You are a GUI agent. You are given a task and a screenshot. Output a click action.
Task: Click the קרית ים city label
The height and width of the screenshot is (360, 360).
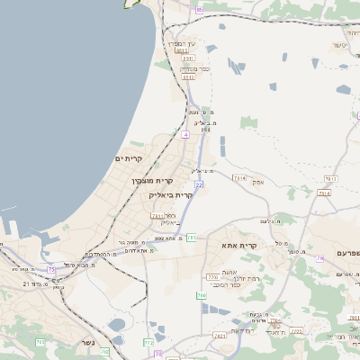coord(130,158)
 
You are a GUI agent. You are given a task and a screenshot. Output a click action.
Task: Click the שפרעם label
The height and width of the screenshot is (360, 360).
coord(346,255)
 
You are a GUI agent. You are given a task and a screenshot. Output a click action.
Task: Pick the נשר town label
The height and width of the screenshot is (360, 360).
coord(87,343)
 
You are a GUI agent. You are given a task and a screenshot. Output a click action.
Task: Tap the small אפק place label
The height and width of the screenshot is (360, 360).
coord(257,181)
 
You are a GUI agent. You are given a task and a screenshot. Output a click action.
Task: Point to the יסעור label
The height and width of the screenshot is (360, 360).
coord(339,44)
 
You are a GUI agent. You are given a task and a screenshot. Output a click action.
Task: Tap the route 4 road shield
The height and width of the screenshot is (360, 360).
coord(185,134)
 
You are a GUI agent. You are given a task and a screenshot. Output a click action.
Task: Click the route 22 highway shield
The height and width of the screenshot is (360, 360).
coord(198,184)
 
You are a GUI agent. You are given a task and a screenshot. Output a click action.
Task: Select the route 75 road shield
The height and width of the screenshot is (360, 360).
coord(51,268)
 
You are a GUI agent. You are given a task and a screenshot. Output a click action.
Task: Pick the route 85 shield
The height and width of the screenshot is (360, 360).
coord(198,8)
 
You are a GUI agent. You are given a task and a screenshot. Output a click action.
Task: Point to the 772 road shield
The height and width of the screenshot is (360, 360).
coord(148,343)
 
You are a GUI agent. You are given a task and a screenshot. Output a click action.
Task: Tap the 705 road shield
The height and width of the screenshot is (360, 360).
coord(40,342)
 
